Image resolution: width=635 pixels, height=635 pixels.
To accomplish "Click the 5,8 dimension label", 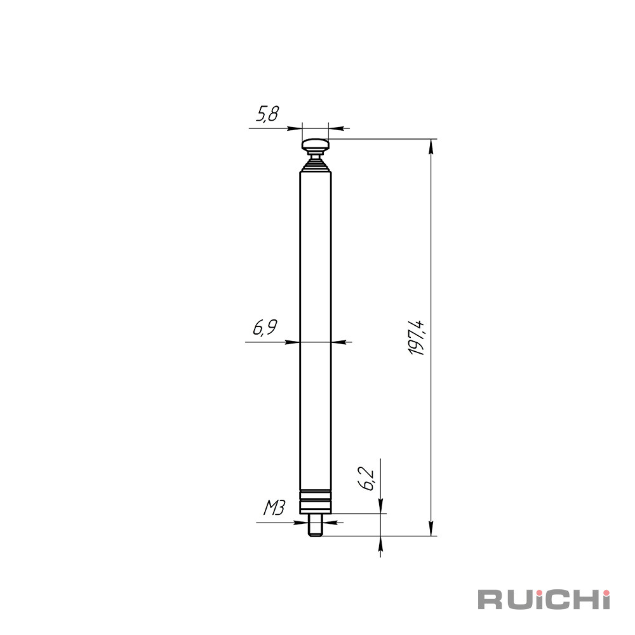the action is click(x=268, y=114).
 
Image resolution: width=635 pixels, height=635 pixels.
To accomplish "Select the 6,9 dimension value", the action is click(x=265, y=328).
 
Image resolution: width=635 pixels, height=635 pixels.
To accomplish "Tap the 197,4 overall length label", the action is click(x=417, y=338).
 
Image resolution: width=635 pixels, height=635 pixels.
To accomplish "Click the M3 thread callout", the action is click(x=274, y=507).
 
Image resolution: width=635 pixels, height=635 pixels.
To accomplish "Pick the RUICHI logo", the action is click(x=544, y=599).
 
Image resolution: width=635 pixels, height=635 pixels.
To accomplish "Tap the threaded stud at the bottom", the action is click(x=315, y=525).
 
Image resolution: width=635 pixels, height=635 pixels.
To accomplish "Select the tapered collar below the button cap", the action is click(x=315, y=164).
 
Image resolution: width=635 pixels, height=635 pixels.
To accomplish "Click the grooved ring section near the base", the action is click(x=315, y=502).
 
